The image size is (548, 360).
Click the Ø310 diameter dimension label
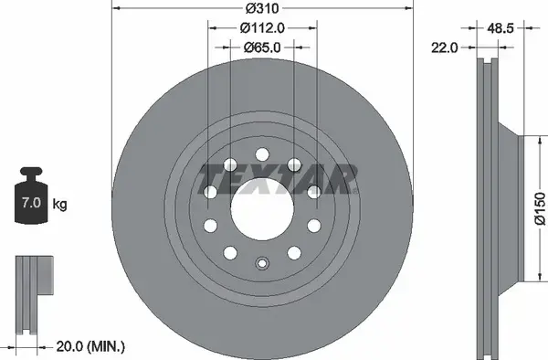(x=262, y=8)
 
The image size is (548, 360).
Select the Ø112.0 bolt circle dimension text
(x=262, y=28)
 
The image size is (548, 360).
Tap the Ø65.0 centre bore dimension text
(x=262, y=48)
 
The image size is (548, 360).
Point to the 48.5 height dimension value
(x=501, y=28)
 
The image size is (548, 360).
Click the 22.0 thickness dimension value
(x=444, y=48)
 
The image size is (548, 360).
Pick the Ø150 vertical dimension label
(x=540, y=208)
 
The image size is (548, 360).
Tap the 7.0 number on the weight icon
(x=31, y=203)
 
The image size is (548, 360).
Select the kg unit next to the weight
(x=59, y=204)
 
